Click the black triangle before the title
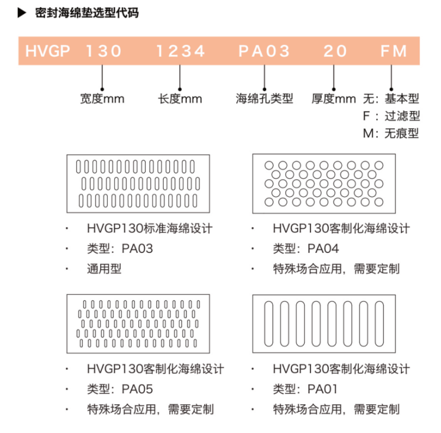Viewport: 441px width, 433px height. click(22, 13)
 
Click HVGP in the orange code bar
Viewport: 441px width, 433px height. click(48, 51)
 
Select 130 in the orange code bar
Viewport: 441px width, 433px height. click(103, 51)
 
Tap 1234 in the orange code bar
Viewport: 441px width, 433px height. click(181, 51)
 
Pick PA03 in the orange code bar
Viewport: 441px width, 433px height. click(264, 51)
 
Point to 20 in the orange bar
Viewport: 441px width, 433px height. click(335, 51)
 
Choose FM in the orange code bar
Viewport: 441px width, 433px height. click(393, 51)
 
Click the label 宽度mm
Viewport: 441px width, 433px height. click(102, 99)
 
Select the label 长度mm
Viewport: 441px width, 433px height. click(180, 99)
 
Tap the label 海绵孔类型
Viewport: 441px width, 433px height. click(264, 98)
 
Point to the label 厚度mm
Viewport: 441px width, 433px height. click(333, 99)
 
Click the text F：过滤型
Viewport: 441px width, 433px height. click(391, 116)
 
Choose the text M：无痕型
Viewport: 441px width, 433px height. click(391, 133)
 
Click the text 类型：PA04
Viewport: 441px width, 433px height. click(306, 248)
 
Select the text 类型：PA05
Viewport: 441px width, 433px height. click(120, 389)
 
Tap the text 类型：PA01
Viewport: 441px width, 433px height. click(305, 389)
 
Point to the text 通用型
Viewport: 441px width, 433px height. click(104, 269)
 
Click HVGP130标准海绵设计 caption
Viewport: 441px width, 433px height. click(149, 228)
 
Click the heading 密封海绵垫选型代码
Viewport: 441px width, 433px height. click(87, 13)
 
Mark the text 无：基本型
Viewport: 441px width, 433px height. click(391, 99)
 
